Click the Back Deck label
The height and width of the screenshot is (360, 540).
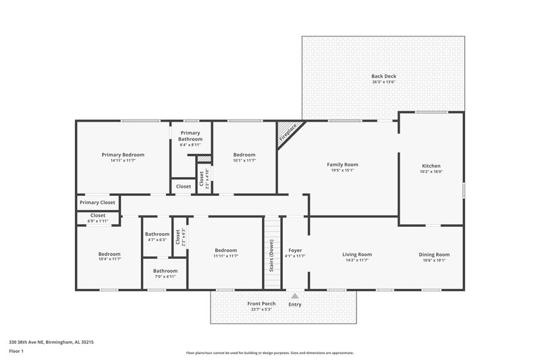(x=383, y=76)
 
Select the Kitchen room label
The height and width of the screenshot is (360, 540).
(x=431, y=165)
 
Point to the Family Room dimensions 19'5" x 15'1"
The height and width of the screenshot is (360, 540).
(x=342, y=170)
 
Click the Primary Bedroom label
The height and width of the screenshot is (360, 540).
(x=123, y=155)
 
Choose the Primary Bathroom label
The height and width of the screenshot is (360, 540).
(x=191, y=136)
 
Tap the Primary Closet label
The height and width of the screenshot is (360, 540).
(x=97, y=203)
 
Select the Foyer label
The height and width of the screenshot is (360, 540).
(x=295, y=249)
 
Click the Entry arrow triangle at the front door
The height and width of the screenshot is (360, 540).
(x=295, y=295)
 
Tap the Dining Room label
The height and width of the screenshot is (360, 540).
(x=434, y=255)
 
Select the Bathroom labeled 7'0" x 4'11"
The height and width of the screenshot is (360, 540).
(x=165, y=273)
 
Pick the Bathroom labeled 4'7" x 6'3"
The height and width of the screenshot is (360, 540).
(x=157, y=236)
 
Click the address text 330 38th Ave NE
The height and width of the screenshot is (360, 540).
(x=41, y=342)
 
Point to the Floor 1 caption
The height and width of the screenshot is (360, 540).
(x=17, y=352)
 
